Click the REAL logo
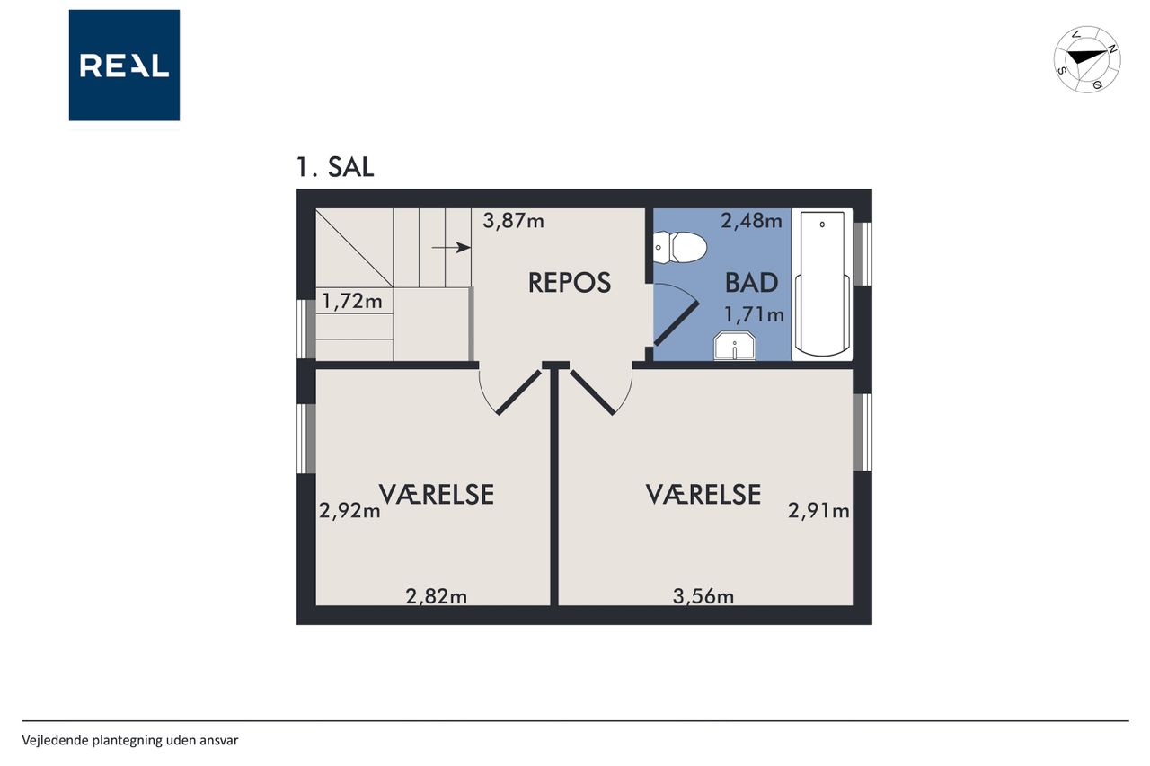(124, 66)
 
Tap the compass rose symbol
(1087, 59)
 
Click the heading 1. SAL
(335, 167)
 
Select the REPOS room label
(570, 283)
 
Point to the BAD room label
(751, 283)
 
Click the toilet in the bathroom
(680, 247)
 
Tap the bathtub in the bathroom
(822, 284)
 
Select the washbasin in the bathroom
(735, 346)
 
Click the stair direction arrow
(451, 248)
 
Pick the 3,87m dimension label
(513, 221)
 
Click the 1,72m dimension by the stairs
(352, 301)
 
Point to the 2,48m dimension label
(752, 221)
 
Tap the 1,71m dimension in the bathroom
(754, 314)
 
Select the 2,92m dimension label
(349, 511)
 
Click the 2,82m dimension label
(437, 596)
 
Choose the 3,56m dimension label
(703, 596)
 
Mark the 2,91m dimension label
(818, 511)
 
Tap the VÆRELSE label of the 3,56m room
(703, 495)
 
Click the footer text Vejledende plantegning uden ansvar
(130, 740)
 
